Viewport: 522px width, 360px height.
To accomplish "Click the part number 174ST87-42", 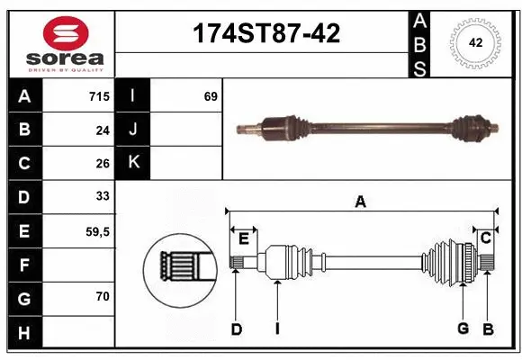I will [267, 34].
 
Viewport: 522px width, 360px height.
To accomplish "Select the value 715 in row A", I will [98, 96].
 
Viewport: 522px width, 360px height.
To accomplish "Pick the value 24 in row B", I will [103, 130].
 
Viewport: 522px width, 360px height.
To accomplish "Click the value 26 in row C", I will [103, 163].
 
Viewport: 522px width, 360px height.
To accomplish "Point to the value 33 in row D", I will [103, 196].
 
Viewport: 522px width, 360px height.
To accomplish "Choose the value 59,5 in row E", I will [97, 230].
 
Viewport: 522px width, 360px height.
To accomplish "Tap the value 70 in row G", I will [103, 296].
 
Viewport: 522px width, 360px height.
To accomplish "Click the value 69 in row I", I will [211, 96].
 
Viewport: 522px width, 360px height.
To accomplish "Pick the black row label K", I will [134, 163].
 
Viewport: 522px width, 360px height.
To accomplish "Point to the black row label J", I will [134, 130].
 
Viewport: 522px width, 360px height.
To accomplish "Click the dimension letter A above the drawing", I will [361, 202].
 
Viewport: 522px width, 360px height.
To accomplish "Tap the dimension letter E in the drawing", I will [243, 238].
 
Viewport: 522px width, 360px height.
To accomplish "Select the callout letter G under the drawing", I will [463, 328].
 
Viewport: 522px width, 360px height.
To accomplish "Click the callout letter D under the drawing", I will [236, 329].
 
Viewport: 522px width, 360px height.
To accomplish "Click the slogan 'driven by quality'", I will [58, 68].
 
